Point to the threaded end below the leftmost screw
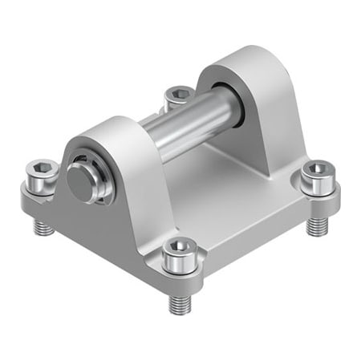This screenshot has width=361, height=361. (43, 226)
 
